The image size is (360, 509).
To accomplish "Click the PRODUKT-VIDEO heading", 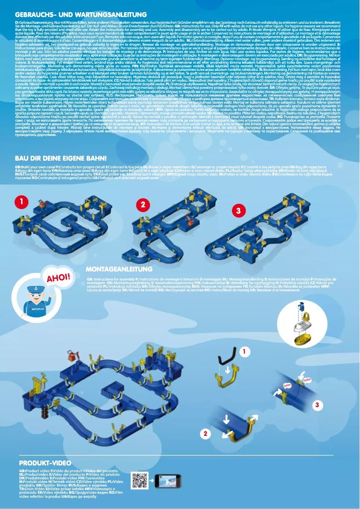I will coord(45,463).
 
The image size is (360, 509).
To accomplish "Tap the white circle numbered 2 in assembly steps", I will coord(205,434).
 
